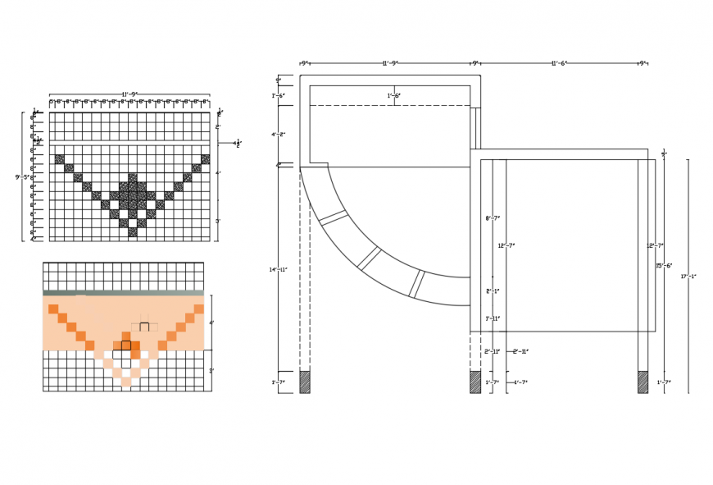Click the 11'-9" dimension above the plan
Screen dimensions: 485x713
[x=390, y=63]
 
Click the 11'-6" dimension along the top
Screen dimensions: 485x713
[x=559, y=63]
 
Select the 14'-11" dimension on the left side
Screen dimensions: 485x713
[x=279, y=270]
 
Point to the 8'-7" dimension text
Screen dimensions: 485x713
[x=493, y=218]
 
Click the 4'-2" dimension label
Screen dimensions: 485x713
[x=279, y=135]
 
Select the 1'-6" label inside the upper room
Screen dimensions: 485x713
[x=394, y=96]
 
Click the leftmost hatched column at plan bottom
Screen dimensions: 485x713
[x=305, y=382]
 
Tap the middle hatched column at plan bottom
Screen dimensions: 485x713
[x=475, y=382]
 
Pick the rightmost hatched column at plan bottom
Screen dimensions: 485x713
[x=643, y=382]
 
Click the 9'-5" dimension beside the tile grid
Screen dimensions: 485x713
[x=22, y=177]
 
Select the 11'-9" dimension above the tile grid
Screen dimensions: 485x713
[x=129, y=94]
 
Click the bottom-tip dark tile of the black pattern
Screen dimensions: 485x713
[x=133, y=232]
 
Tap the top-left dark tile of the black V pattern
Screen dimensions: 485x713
[x=59, y=159]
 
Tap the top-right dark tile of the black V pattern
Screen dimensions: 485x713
[x=205, y=159]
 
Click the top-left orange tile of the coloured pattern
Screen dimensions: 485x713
[x=53, y=309]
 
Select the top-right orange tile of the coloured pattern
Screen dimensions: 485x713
[x=198, y=309]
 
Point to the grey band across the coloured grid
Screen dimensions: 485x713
[x=123, y=292]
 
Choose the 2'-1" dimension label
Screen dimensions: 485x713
[x=493, y=291]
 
